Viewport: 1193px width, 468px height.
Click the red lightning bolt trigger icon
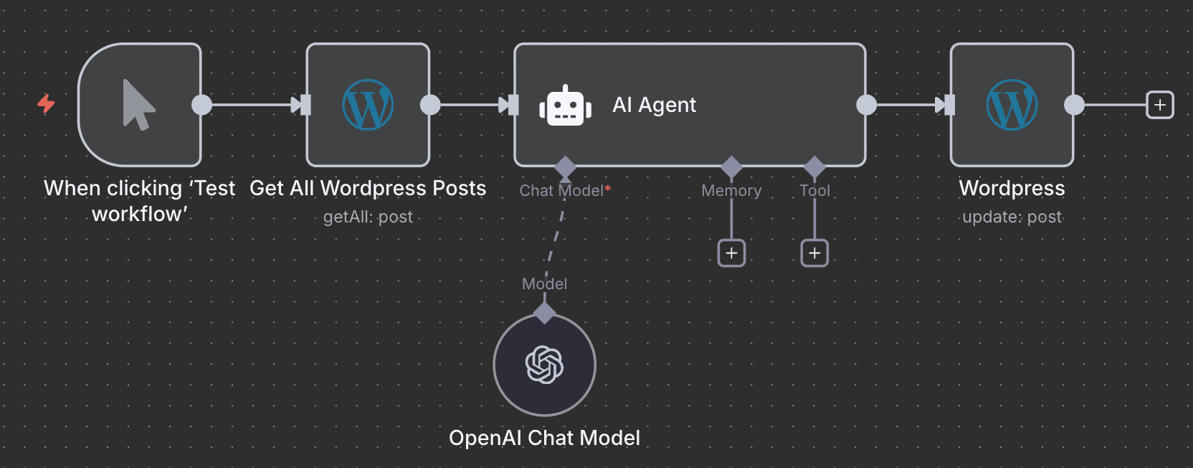pos(46,104)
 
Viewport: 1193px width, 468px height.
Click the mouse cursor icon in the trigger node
pos(138,105)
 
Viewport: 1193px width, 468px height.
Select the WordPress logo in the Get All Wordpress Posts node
pos(368,105)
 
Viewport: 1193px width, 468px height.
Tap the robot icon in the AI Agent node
pos(565,106)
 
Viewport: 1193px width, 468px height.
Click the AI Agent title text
pos(654,105)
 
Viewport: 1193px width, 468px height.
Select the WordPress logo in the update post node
pos(1012,105)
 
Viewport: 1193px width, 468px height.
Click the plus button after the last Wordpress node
pos(1159,105)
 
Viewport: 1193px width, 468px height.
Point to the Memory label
pos(731,190)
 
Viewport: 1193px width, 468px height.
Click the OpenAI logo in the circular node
pos(544,365)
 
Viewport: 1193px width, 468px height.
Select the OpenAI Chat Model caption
pos(544,438)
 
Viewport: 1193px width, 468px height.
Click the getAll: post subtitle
pos(368,217)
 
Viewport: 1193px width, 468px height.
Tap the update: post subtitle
pos(1012,217)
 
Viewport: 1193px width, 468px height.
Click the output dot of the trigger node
pos(202,105)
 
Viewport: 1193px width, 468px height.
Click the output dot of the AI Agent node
pos(866,105)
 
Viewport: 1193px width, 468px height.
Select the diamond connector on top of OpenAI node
pos(544,312)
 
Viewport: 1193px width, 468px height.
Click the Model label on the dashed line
pos(544,284)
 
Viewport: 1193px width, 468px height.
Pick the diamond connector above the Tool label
pos(814,167)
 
